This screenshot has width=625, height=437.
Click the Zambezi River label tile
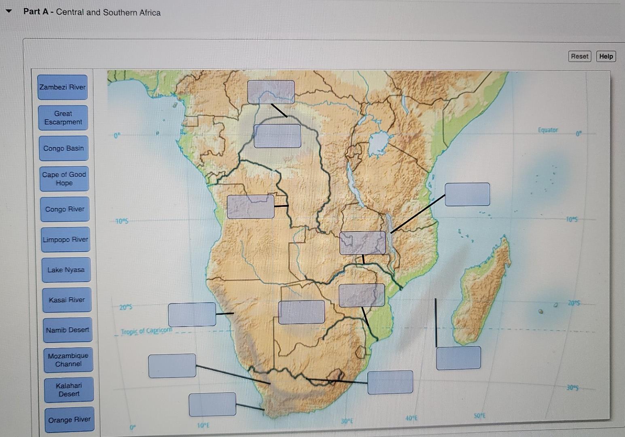tap(63, 87)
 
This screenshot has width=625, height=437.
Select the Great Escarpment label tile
tap(63, 118)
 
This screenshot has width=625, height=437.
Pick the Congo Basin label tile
tap(64, 148)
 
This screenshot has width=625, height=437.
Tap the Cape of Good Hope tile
tap(64, 179)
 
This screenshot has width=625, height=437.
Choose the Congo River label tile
tap(65, 209)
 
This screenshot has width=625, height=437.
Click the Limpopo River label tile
tap(66, 240)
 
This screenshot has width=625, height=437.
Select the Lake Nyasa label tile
tap(66, 270)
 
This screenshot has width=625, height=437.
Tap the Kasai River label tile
tap(67, 300)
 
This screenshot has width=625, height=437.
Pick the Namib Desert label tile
tap(68, 330)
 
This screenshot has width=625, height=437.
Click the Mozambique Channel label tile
tap(68, 360)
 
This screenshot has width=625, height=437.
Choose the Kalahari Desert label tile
tap(69, 390)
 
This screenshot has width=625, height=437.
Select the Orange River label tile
tap(70, 420)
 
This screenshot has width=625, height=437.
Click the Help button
tap(606, 56)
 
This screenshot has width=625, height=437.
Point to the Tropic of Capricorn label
tap(146, 331)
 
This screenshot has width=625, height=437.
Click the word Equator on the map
tap(547, 130)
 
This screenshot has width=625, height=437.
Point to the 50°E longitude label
tap(479, 416)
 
